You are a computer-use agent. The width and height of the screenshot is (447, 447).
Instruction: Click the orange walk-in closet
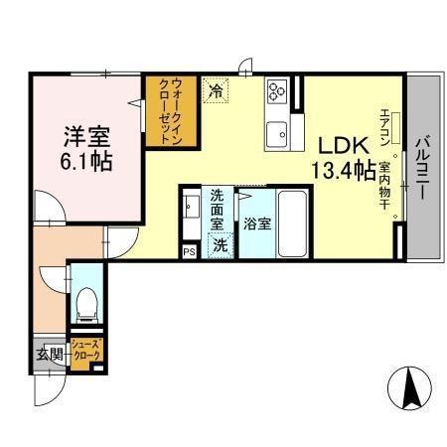165,111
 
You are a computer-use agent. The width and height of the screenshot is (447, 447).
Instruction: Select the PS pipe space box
189,252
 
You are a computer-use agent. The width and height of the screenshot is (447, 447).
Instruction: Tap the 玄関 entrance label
51,354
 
